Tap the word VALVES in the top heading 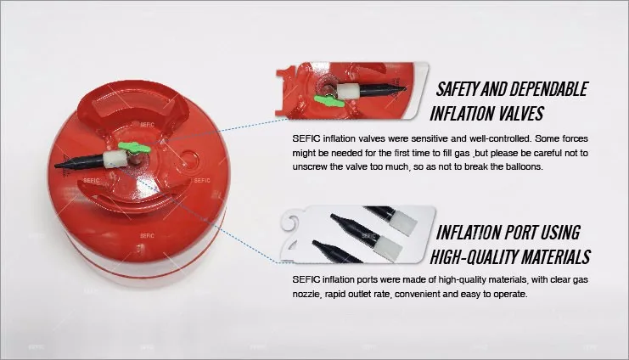tap(513, 113)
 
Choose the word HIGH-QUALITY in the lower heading tap(478, 256)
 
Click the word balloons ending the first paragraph tap(521, 166)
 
